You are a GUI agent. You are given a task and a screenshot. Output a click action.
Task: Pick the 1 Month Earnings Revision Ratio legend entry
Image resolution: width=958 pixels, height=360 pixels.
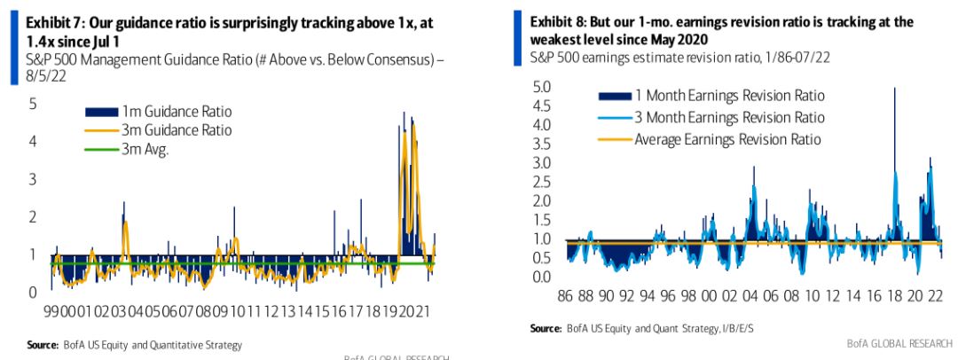(727, 96)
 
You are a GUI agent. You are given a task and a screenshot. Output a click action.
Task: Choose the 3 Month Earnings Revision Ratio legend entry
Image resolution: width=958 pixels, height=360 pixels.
(727, 117)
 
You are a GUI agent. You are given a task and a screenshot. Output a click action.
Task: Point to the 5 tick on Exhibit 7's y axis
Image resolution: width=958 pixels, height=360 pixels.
(32, 104)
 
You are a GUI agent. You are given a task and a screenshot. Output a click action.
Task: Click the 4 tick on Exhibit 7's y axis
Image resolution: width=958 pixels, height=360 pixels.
(32, 142)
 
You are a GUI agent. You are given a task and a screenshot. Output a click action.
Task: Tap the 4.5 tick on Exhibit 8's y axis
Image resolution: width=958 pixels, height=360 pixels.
(541, 106)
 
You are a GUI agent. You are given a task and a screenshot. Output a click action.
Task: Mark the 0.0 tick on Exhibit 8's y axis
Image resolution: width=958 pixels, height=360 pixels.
(541, 278)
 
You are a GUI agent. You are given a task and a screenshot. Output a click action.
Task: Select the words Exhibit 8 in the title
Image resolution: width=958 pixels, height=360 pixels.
(556, 22)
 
